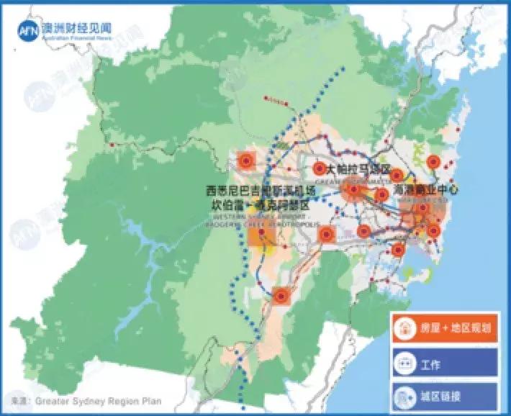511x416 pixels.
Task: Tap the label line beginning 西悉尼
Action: [261, 191]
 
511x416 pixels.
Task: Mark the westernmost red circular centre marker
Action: [247, 160]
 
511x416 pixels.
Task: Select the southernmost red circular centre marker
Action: [281, 295]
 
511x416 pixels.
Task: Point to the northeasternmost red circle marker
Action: [434, 162]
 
